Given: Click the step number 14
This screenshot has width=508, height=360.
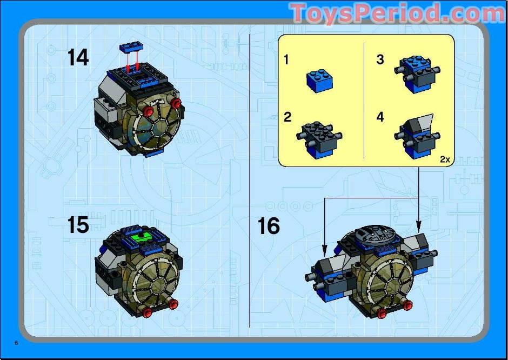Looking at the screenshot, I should (x=78, y=57).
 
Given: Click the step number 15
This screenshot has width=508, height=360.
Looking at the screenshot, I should (x=78, y=225).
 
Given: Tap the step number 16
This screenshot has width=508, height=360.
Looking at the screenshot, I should (x=269, y=225).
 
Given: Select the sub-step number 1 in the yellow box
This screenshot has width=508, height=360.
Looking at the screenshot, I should (x=286, y=59).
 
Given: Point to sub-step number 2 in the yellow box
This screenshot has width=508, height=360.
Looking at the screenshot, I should (x=288, y=117).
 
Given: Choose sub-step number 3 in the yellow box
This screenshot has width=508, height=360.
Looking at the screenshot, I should (x=380, y=59).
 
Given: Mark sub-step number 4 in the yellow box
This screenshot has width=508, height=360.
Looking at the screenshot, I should (x=380, y=117).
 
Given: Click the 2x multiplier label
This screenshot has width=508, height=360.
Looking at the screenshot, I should (x=445, y=159).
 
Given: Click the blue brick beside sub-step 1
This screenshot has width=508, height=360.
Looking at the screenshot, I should (x=319, y=80).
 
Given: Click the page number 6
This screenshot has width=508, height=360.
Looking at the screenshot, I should (x=17, y=343).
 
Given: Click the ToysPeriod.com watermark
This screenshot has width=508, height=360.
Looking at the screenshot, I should (x=397, y=14).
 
